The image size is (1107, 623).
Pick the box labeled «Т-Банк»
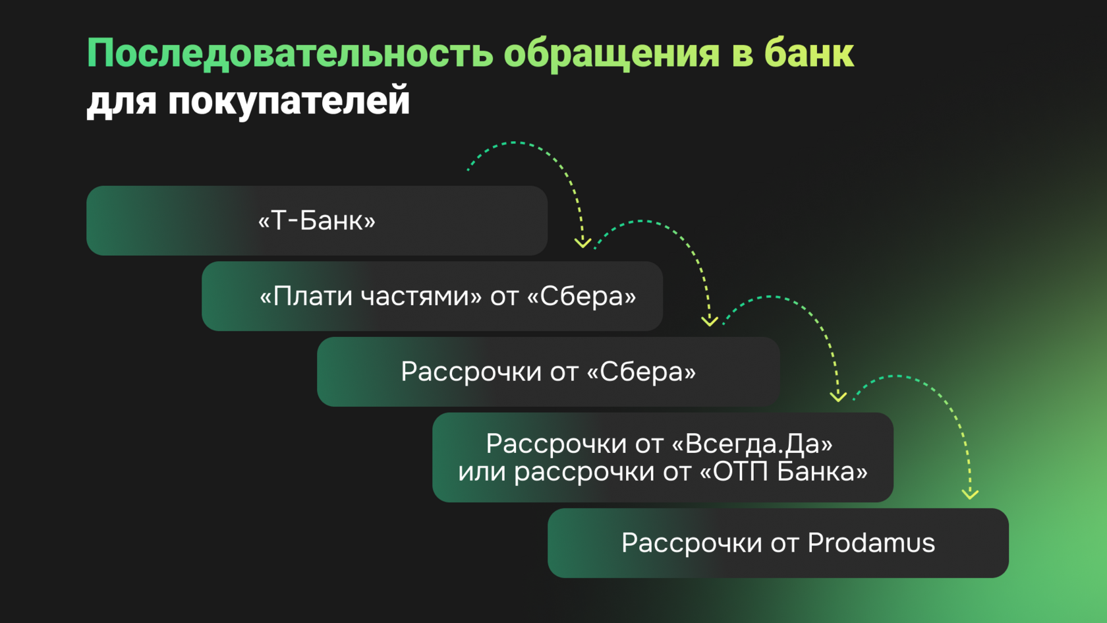[x=316, y=221]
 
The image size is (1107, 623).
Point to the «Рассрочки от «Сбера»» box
[x=548, y=372]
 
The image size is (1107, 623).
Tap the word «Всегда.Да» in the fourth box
[x=758, y=444]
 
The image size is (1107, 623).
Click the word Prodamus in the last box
[x=871, y=543]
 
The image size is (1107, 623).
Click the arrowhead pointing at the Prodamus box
[x=970, y=494]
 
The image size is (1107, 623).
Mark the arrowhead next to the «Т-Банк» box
[x=582, y=243]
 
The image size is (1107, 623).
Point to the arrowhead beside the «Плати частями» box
[x=710, y=321]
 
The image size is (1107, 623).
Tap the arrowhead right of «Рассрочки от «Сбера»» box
[x=838, y=397]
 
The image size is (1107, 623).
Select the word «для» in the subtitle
[x=121, y=102]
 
